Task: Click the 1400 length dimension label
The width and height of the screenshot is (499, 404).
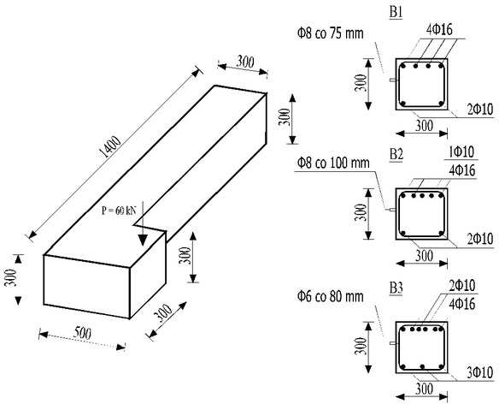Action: (x=110, y=147)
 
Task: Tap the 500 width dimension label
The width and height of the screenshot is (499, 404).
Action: (x=82, y=333)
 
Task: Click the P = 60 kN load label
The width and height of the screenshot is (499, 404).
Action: (x=119, y=211)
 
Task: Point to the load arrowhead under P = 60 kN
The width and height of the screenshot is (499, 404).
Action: (x=143, y=240)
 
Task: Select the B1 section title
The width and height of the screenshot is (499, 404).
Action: (x=396, y=13)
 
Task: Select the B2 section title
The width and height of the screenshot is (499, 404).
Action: (x=396, y=154)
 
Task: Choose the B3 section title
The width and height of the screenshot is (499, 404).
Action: (x=396, y=288)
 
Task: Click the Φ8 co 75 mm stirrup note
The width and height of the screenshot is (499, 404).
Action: (x=331, y=33)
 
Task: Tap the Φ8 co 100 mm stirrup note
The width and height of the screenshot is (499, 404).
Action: (x=333, y=163)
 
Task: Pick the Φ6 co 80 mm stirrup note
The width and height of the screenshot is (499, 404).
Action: (x=331, y=296)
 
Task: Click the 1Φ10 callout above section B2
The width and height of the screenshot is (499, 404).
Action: (x=461, y=152)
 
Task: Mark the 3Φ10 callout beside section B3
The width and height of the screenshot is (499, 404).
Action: (x=480, y=372)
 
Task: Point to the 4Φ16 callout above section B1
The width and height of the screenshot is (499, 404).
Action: (x=439, y=30)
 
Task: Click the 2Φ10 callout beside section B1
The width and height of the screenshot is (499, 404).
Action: (x=480, y=109)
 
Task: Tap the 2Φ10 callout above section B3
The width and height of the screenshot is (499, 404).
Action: (x=461, y=285)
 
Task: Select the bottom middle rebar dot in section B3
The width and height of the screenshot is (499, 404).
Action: (x=422, y=366)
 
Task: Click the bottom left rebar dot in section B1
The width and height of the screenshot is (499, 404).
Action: (x=403, y=104)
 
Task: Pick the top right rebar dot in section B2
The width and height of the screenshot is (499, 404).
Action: (x=441, y=196)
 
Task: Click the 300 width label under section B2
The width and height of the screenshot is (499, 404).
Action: (x=424, y=256)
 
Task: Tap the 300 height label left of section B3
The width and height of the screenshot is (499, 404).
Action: (x=361, y=347)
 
